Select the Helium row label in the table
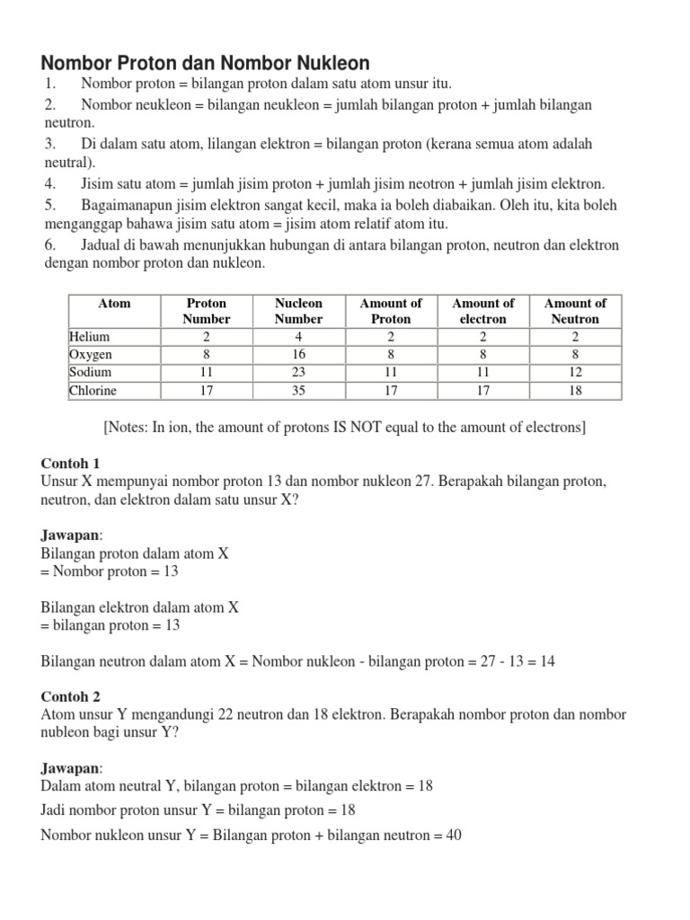[x=90, y=337]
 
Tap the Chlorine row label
[x=93, y=391]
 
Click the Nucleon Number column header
[x=298, y=311]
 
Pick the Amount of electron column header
[x=483, y=311]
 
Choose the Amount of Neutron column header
[x=575, y=311]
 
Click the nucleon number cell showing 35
[x=298, y=391]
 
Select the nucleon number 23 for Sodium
[x=298, y=373]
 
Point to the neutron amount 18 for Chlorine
[x=575, y=391]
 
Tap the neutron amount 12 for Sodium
[x=575, y=373]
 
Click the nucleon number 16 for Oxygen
[x=298, y=355]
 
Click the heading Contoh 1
[x=70, y=463]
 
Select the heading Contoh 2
[x=70, y=696]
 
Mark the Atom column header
[x=114, y=304]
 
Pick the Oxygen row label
[x=91, y=355]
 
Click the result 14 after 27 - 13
[x=546, y=661]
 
